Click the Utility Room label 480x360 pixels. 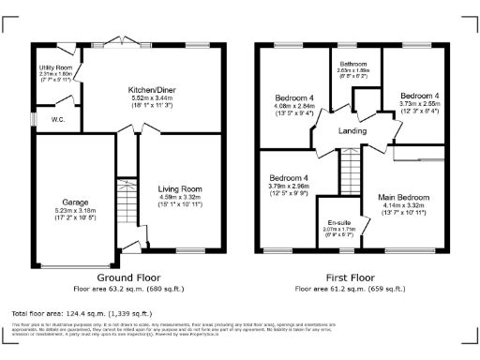55,68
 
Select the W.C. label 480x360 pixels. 57,120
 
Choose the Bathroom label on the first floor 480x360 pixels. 354,64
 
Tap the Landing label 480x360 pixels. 352,130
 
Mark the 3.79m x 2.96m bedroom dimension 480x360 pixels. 290,187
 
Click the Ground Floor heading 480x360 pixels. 128,277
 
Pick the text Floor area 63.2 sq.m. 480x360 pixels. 128,289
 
